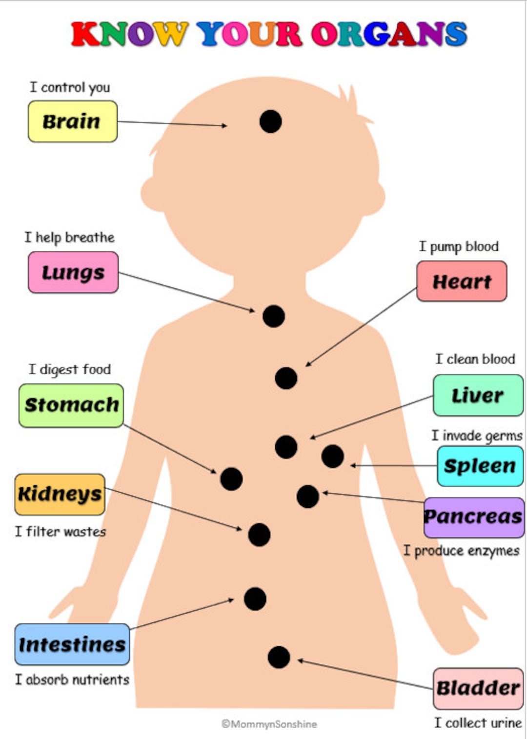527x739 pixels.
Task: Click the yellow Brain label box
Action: point(72,121)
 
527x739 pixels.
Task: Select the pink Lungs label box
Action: point(73,272)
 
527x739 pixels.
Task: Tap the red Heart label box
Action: point(462,281)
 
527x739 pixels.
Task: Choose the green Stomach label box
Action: point(71,405)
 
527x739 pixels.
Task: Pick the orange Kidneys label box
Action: point(60,494)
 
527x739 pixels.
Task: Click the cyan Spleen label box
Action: point(480,466)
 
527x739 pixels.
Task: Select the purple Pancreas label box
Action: point(473,517)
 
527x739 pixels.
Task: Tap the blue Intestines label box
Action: point(72,644)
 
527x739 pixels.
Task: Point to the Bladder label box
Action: point(478,688)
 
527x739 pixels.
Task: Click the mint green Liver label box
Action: point(478,395)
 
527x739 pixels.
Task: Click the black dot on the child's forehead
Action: point(271,121)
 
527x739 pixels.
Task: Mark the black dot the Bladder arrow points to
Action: point(279,658)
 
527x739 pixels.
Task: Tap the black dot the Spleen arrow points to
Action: point(333,457)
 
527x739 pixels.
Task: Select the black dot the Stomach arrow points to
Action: point(231,479)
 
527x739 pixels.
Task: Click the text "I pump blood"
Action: point(459,246)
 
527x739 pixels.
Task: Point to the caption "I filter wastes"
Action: point(61,531)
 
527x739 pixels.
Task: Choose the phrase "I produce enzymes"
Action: point(461,551)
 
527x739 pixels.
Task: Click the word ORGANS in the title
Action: point(389,34)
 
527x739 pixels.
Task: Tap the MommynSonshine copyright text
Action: point(269,724)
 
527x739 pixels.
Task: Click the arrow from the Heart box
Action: point(361,327)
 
